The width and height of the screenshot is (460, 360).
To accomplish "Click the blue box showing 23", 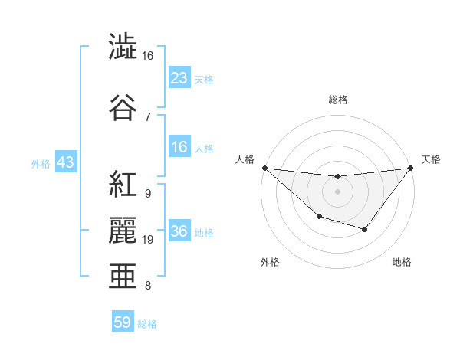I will coord(179,78).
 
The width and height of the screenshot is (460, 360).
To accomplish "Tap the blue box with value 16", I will coord(179,148).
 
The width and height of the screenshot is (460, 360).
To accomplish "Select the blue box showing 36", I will coord(179,232).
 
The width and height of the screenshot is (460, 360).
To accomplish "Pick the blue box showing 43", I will coord(65,162).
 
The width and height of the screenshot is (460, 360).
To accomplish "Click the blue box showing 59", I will coord(123,322).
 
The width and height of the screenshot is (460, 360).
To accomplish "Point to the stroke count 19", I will coord(148,240).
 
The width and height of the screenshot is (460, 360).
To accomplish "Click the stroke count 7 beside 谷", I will coord(147,116).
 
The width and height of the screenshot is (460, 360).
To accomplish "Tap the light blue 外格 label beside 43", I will coord(40,163).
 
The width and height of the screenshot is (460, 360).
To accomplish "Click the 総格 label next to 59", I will coord(147,324).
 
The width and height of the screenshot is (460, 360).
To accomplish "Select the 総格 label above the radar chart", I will coord(337,100).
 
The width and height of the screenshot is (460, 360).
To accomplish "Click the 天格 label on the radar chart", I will coord(431,159).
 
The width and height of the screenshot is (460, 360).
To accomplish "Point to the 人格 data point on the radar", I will coord(264,167).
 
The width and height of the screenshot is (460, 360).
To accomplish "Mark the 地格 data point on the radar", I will coord(364,229).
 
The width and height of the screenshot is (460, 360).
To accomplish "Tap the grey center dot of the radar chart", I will coord(337,191).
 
